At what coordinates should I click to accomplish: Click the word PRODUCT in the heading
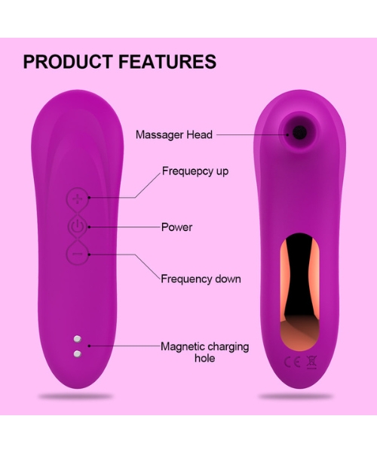point(68,61)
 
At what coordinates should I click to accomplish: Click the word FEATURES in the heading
point(167,61)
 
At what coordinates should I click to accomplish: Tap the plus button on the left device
point(77,199)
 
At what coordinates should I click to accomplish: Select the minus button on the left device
point(77,254)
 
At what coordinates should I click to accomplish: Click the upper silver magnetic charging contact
point(78,339)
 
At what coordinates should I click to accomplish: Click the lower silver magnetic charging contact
point(78,353)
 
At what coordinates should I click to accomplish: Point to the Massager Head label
point(174,134)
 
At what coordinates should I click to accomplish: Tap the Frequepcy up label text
point(195,171)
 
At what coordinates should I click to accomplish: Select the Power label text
point(176,227)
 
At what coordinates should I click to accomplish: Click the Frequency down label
point(201,279)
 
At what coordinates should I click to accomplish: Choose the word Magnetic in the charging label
point(182,347)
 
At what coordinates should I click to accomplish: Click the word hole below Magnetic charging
point(205,358)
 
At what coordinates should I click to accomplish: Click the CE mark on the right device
point(293,362)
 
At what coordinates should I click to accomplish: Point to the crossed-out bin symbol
point(311,362)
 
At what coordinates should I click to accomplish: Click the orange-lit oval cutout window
point(299,291)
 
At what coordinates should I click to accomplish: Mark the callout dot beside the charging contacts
point(90,346)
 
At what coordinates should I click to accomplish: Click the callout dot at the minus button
point(90,254)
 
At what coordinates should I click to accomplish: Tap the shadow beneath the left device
point(75,396)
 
